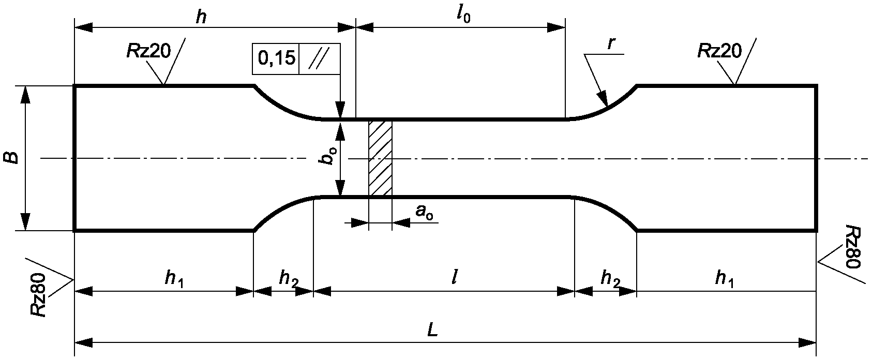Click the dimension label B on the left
click(13, 158)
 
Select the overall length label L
click(432, 331)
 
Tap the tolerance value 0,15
click(276, 59)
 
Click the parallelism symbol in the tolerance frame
click(319, 59)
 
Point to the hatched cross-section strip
click(380, 158)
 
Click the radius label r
click(611, 44)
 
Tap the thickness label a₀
click(424, 212)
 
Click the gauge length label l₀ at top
click(464, 16)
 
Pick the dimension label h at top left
click(201, 18)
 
